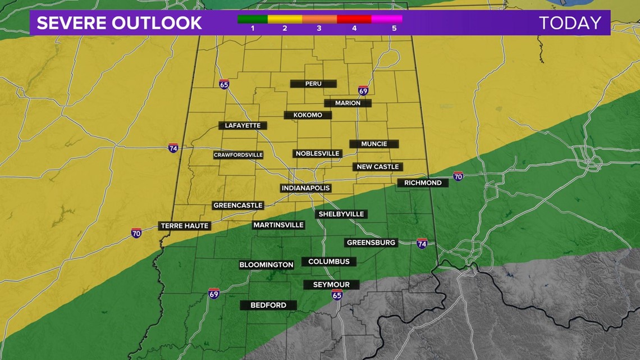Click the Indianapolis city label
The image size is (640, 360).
[x=305, y=188]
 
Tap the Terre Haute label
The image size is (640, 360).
[x=185, y=226]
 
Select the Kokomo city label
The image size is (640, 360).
[x=308, y=115]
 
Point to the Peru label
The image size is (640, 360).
[x=313, y=84]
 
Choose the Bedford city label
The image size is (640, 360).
[x=268, y=306]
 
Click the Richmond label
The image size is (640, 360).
[x=423, y=183]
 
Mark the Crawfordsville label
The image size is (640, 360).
[x=238, y=155]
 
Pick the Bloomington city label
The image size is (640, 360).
[x=266, y=265]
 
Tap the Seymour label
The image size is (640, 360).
[x=331, y=285]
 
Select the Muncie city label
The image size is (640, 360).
[x=374, y=144]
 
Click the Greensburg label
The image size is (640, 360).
[x=372, y=243]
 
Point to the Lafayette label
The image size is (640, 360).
[x=243, y=126]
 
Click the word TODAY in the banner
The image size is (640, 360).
[x=570, y=23]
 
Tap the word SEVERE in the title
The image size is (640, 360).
[x=72, y=23]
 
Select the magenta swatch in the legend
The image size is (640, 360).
[x=387, y=19]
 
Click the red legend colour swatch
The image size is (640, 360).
[x=354, y=19]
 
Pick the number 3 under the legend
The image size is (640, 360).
[x=319, y=28]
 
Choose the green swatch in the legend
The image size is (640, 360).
[x=252, y=19]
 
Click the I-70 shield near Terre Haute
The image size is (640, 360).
[x=136, y=233]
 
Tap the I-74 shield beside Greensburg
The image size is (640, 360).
[x=422, y=244]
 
